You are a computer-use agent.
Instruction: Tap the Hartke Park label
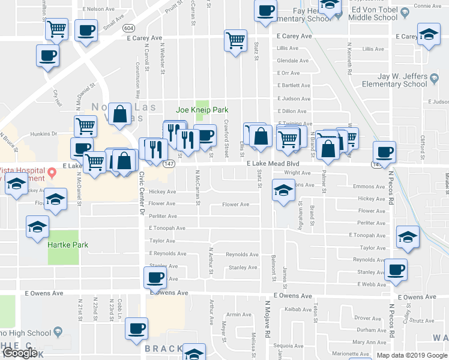68,244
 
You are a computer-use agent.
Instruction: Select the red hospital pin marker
51,173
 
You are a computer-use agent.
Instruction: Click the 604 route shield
128,28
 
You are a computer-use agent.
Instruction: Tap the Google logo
19,353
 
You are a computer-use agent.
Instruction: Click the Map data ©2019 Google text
412,355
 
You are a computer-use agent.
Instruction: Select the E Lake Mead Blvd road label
273,163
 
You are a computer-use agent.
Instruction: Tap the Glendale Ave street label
292,61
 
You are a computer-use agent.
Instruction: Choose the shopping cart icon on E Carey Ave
235,41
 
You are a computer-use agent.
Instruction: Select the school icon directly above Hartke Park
37,228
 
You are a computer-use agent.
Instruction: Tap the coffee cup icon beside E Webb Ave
395,269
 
